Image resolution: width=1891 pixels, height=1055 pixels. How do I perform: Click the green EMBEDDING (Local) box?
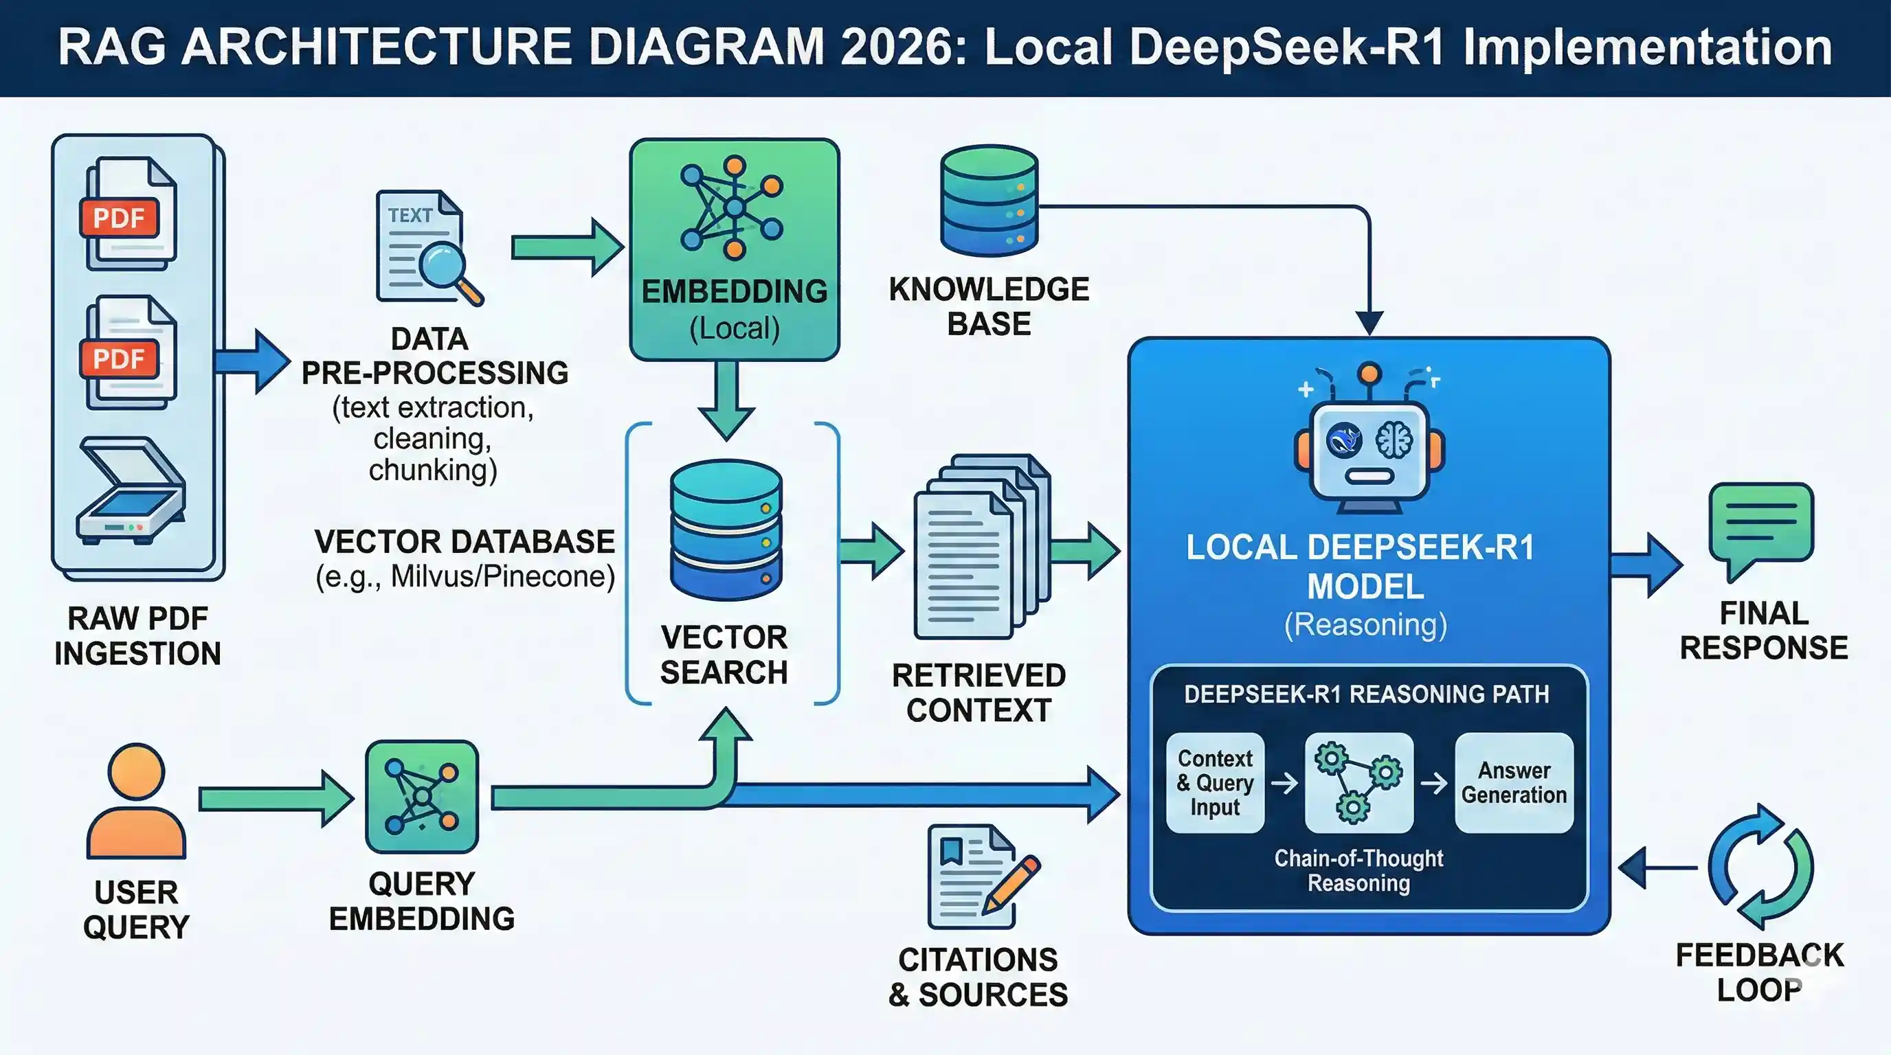[x=734, y=249]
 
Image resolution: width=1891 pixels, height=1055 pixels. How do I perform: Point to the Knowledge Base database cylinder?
[x=989, y=200]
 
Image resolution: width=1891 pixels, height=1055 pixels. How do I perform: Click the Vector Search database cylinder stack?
[x=726, y=530]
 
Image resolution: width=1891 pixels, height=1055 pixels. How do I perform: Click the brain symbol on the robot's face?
[x=1394, y=440]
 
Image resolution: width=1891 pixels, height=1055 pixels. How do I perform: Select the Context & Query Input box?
[x=1215, y=783]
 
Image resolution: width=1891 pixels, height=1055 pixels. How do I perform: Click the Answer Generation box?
[x=1514, y=783]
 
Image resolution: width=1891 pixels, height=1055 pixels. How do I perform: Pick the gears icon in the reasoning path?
[x=1358, y=783]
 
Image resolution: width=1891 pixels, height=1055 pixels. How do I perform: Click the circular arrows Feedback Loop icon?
[x=1760, y=867]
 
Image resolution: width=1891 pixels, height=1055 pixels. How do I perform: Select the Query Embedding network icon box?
[x=421, y=797]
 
